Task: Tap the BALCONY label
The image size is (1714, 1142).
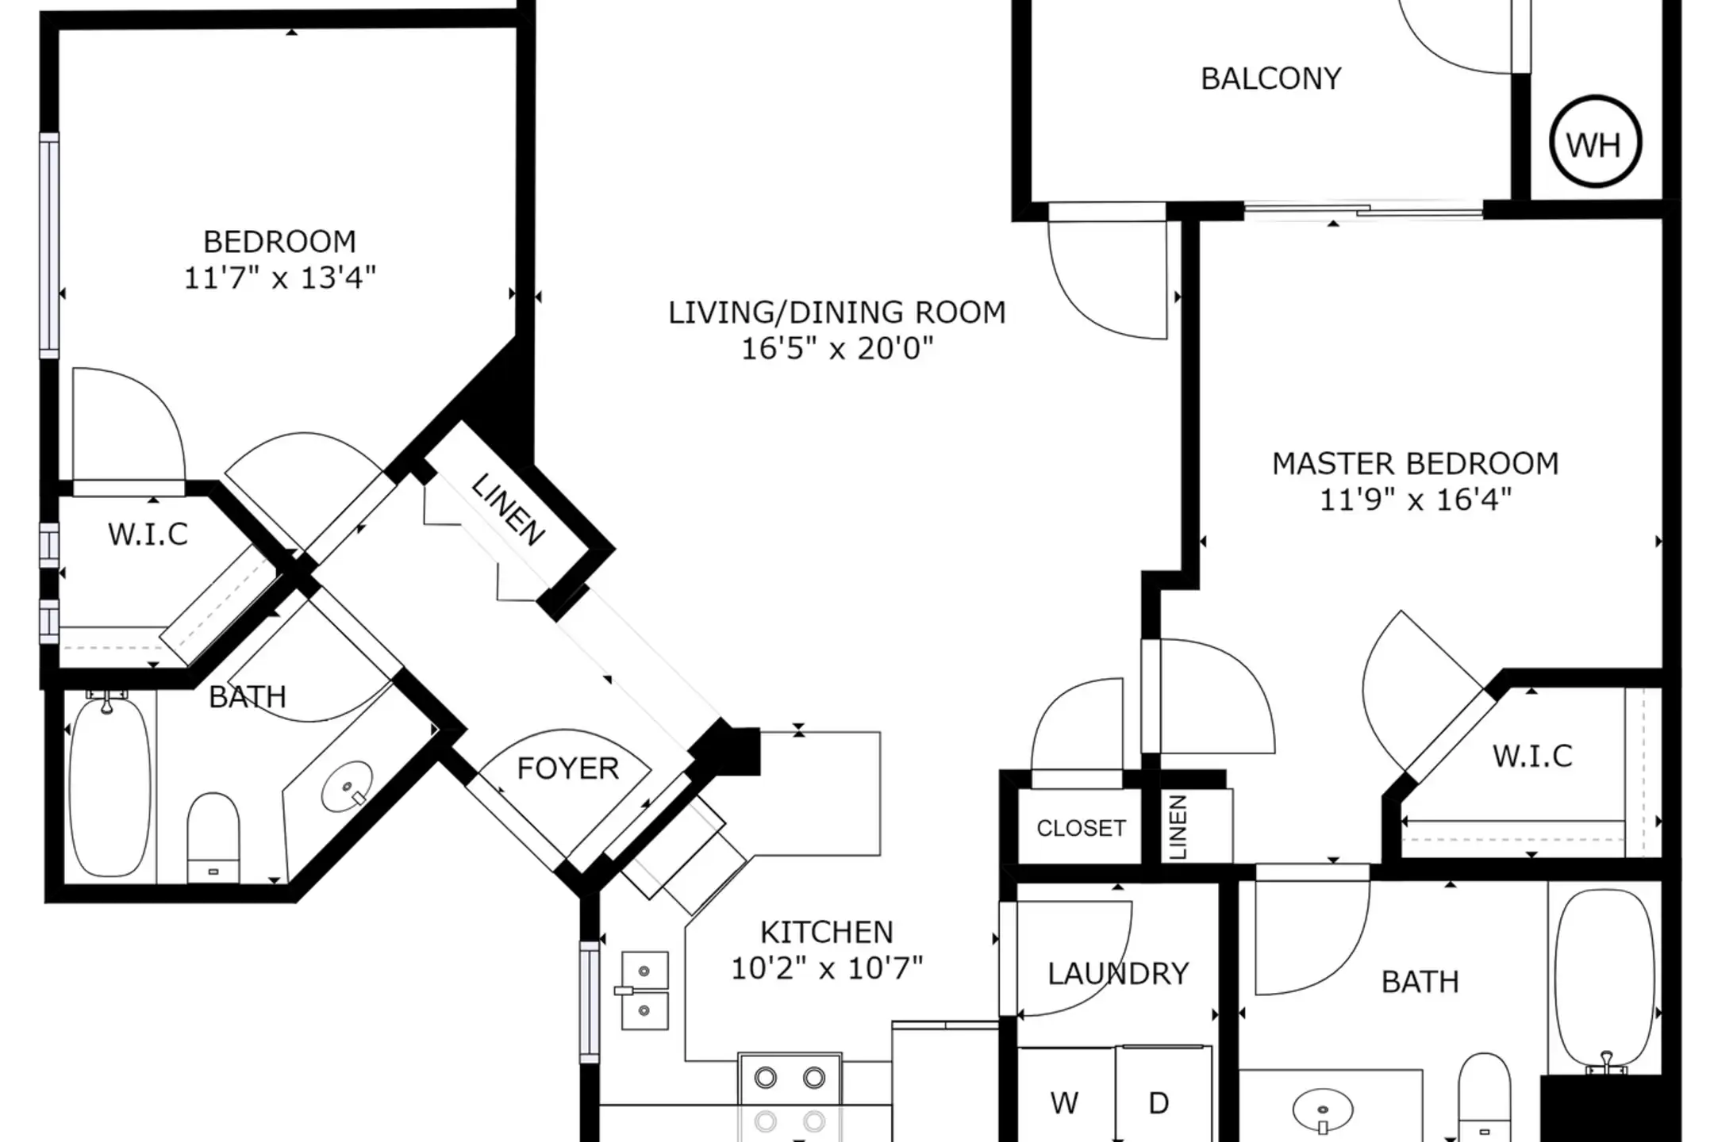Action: (x=1271, y=79)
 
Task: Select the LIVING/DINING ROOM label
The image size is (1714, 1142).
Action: (x=837, y=312)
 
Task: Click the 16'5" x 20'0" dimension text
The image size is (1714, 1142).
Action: (x=837, y=348)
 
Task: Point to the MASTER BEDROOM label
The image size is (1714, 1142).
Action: (x=1416, y=463)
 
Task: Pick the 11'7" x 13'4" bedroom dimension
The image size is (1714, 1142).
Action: (x=279, y=278)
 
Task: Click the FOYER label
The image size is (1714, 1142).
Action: (x=568, y=768)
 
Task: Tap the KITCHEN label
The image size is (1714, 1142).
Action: (x=827, y=932)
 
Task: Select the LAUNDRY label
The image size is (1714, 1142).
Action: (x=1118, y=973)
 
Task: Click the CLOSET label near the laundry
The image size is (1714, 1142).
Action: (x=1081, y=828)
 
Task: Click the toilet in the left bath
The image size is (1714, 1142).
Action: (x=213, y=837)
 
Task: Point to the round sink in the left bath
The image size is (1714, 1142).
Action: (x=348, y=784)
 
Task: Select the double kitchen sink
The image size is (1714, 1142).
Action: (x=644, y=991)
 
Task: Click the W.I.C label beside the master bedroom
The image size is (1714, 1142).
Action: (x=1532, y=757)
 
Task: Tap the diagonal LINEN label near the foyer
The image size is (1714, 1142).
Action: (x=508, y=510)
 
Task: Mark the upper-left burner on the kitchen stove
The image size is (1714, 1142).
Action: (x=766, y=1078)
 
